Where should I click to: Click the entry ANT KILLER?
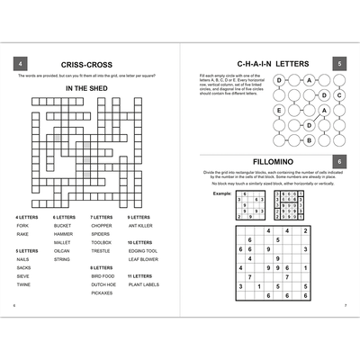141,225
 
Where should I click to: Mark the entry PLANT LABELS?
144,284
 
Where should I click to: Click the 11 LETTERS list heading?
139,275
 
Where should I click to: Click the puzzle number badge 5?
338,64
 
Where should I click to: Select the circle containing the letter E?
279,110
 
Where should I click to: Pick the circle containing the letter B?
310,139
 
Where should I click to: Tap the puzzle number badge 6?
338,160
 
